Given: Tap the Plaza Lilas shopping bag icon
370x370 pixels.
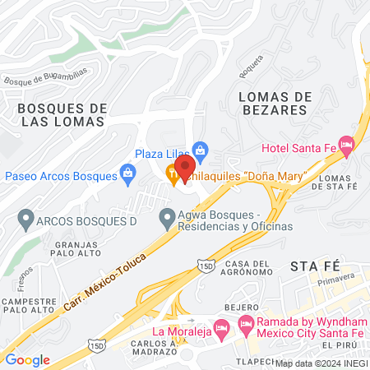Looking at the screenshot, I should click(200, 150).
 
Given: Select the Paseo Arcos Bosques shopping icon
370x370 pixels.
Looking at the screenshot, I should click(127, 173).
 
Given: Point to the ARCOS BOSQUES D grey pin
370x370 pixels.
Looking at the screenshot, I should click(25, 220).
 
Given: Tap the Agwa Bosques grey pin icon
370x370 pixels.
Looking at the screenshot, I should click(165, 219).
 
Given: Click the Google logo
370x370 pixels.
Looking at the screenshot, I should click(27, 359).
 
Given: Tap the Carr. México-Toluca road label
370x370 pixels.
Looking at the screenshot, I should click(104, 282).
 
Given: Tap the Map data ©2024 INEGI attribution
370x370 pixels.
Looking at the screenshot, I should click(321, 363).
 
